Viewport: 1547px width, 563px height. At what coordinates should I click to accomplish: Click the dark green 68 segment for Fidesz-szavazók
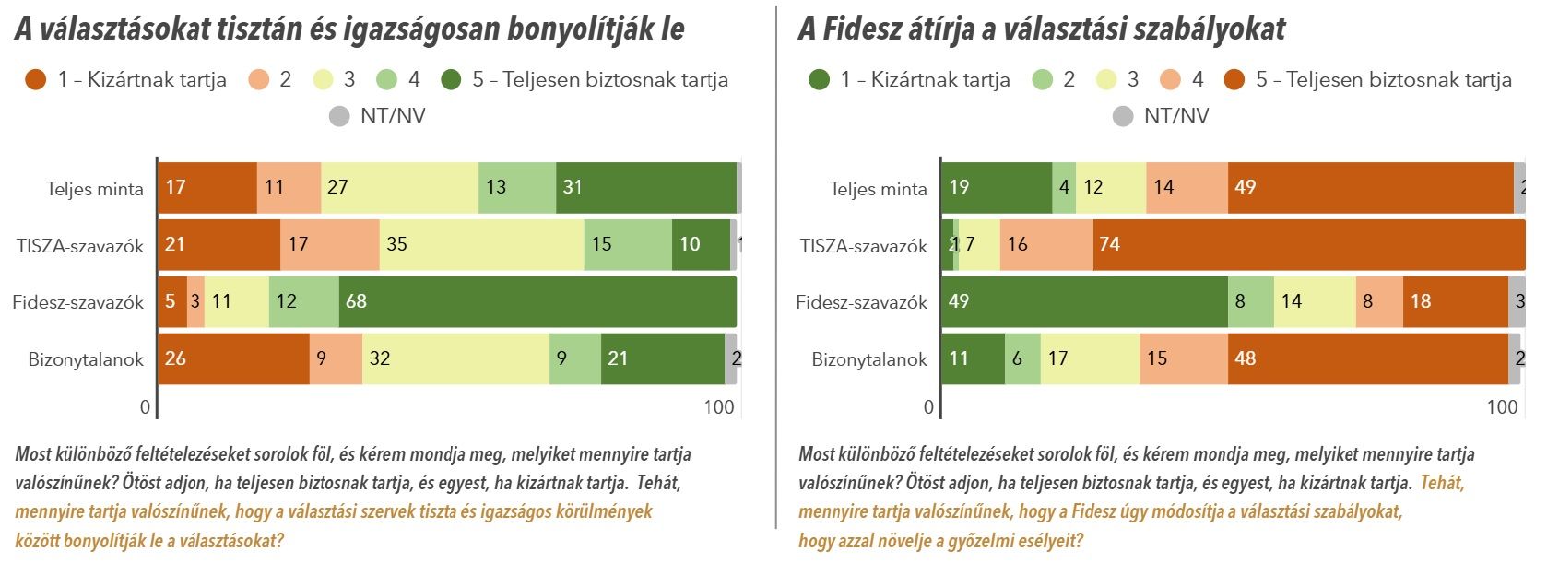[537, 301]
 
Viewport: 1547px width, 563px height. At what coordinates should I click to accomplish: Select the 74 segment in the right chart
[1309, 244]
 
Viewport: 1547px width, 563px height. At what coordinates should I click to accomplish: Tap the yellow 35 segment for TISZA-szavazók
[481, 244]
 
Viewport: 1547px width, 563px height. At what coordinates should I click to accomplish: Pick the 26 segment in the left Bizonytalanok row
[233, 358]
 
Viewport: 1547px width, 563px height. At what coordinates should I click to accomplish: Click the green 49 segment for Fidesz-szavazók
[1084, 301]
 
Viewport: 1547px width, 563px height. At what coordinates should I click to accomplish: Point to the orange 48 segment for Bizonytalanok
[1367, 358]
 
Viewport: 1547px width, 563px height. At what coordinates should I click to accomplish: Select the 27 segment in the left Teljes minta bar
[399, 187]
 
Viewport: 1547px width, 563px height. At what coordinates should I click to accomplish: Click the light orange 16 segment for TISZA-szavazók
[1045, 244]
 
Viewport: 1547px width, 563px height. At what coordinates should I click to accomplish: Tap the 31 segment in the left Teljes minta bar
[645, 187]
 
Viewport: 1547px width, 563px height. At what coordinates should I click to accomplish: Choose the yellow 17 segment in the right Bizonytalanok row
[1090, 358]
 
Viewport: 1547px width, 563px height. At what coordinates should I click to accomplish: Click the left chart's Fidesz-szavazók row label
[78, 302]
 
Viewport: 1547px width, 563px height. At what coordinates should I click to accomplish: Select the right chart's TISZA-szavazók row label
[863, 246]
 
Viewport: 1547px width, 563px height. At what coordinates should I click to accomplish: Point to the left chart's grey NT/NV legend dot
[339, 116]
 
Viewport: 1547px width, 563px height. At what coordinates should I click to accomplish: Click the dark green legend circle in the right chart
[819, 80]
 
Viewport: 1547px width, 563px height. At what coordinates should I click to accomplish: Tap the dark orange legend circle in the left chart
[36, 80]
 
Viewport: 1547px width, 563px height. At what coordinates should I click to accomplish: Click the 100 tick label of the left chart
[719, 407]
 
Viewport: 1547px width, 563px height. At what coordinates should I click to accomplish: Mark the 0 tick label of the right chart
[928, 407]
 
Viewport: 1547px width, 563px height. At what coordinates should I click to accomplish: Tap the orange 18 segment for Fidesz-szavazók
[1455, 301]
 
